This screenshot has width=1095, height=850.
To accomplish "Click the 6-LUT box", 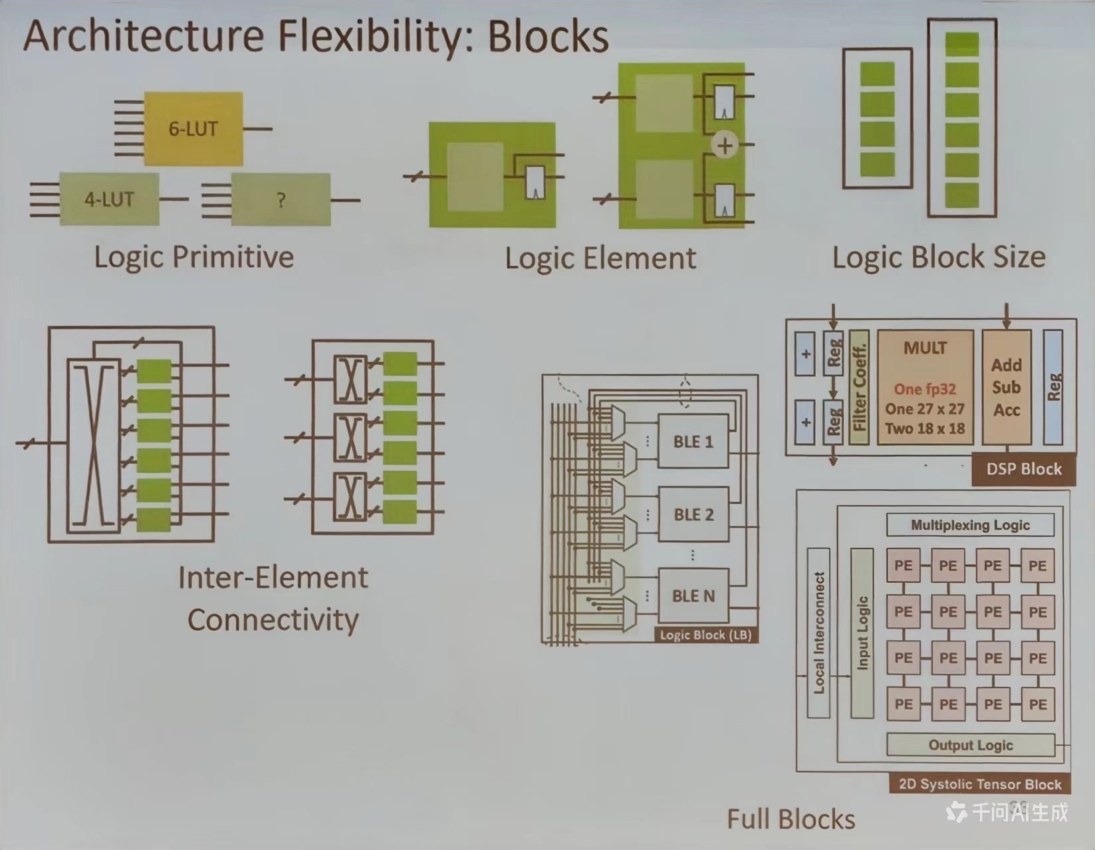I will (x=193, y=128).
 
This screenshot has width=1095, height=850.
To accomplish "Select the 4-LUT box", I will (x=109, y=199).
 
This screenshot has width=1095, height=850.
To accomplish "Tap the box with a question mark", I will (x=281, y=199).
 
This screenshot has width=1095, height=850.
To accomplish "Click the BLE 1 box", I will (x=693, y=442).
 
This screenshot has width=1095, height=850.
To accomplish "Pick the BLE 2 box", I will (x=693, y=514).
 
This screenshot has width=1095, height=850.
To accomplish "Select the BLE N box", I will (x=693, y=595).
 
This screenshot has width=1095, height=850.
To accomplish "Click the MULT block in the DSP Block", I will (x=925, y=388).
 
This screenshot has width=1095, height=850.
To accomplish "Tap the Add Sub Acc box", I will (x=1006, y=387).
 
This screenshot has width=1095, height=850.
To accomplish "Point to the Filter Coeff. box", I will (x=859, y=387).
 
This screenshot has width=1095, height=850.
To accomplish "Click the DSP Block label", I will (x=1023, y=469).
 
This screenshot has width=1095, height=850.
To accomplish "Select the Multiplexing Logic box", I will (x=970, y=525).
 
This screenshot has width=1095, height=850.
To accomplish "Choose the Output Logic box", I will (x=970, y=745).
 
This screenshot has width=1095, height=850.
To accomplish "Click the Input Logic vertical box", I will (x=862, y=633).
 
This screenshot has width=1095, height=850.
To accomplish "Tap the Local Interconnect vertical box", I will (x=818, y=633).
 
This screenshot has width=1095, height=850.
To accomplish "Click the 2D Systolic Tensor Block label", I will (x=979, y=784).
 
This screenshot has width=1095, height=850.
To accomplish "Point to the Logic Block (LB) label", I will (x=705, y=635).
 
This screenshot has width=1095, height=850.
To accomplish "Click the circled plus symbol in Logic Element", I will (x=725, y=145).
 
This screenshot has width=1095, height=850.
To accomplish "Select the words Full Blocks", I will (x=791, y=819).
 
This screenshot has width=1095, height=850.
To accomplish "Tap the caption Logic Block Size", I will (x=939, y=257).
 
